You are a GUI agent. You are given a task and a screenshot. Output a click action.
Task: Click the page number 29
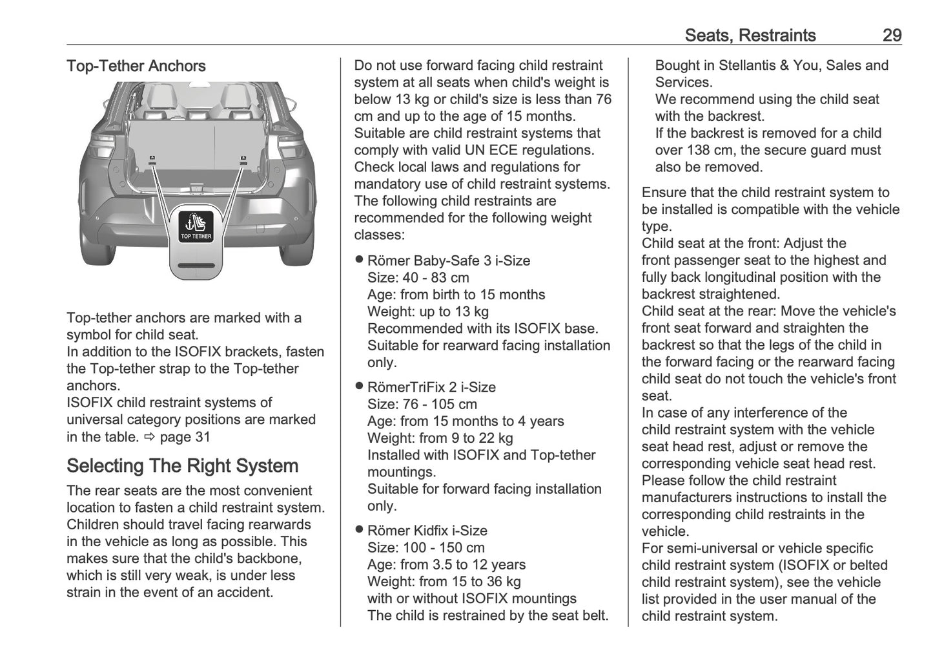[892, 35]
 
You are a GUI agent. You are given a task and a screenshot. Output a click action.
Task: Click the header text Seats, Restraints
[750, 35]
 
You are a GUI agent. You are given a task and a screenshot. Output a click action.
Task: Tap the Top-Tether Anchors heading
[136, 66]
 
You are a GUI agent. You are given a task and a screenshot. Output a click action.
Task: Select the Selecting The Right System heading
[182, 466]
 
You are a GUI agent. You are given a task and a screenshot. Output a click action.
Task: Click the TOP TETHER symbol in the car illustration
[196, 226]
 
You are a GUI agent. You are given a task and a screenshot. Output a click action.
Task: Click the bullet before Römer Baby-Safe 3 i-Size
[359, 260]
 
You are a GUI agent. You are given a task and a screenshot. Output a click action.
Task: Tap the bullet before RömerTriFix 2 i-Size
[359, 387]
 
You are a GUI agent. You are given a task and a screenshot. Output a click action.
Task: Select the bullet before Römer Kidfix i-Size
[359, 530]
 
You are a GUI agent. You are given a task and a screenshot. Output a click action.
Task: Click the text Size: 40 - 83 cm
[418, 278]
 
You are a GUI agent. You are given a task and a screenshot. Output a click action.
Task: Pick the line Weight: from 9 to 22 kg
[440, 438]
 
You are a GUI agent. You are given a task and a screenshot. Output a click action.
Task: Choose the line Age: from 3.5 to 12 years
[446, 565]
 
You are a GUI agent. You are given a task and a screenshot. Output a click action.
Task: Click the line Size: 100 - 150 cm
[425, 548]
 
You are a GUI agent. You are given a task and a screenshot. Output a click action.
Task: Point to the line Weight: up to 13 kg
[427, 312]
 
